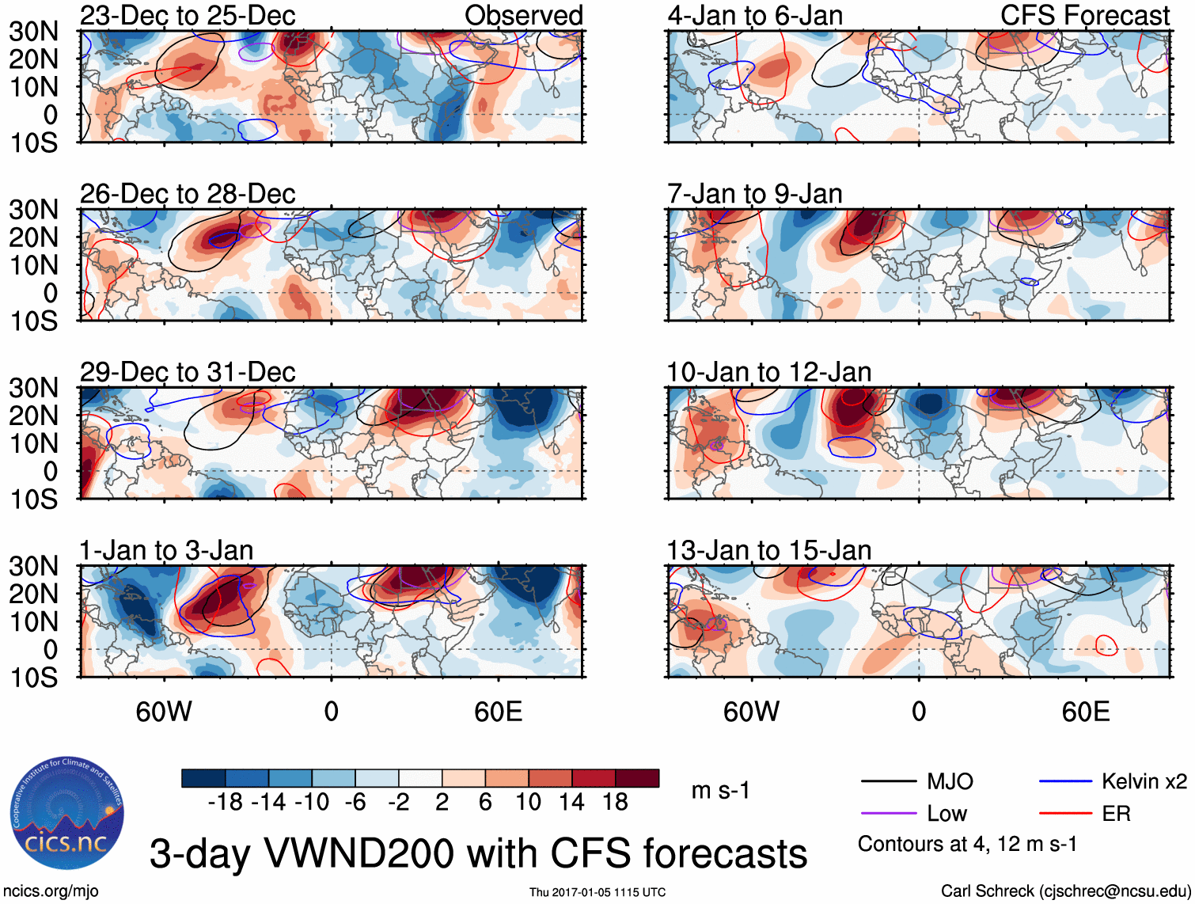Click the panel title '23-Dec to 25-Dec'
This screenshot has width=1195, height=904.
pos(188,15)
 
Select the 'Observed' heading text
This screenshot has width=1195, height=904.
pos(523,15)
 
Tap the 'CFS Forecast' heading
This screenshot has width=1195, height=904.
pos(1084,15)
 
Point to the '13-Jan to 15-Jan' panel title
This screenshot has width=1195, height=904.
pos(768,550)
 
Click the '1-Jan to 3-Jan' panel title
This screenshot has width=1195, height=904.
pos(166,550)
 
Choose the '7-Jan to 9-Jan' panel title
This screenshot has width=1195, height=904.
pos(754,194)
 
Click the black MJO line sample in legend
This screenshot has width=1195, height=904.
pos(888,782)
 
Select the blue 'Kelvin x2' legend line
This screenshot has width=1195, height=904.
pos(1065,782)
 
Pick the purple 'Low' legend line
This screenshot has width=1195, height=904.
pos(888,814)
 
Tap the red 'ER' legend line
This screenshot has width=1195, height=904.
pos(1065,814)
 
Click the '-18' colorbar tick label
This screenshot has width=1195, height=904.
pos(226,802)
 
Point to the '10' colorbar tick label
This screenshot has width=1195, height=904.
pos(529,802)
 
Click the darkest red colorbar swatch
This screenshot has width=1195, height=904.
pos(637,778)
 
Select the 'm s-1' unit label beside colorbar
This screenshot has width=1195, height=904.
pos(720,791)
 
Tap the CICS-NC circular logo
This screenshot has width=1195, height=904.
pos(67,814)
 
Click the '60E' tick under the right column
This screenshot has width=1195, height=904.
pos(1085,712)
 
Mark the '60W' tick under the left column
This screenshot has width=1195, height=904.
pos(164,712)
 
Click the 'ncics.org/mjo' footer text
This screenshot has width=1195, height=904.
pos(51,891)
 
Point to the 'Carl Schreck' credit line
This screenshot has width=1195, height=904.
pos(1065,891)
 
